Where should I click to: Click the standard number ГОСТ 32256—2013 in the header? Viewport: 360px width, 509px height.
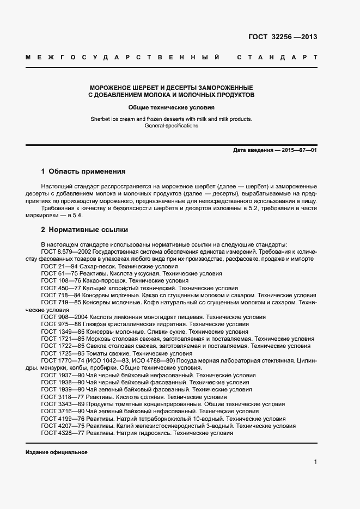(x=283, y=38)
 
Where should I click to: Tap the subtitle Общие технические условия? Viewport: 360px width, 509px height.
(x=172, y=108)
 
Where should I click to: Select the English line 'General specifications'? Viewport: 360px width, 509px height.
(x=172, y=126)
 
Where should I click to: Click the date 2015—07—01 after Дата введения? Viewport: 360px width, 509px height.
(x=298, y=150)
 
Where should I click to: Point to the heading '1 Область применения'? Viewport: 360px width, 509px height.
(x=83, y=171)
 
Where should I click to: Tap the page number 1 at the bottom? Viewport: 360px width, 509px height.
(x=315, y=462)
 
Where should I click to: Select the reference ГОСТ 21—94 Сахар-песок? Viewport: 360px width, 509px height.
(x=98, y=267)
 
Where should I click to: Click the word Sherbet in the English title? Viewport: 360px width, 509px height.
(x=101, y=119)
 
